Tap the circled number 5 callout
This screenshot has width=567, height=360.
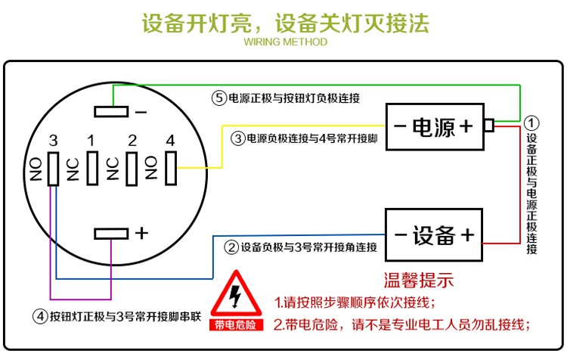219,98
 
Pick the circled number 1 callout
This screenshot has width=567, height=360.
533,123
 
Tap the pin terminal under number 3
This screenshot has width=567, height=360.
52,167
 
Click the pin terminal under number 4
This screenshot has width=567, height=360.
170,167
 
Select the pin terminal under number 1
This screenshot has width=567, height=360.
92,167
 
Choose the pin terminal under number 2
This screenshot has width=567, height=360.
131,167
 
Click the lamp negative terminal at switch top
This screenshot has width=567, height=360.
111,112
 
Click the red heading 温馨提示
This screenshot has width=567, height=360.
419,281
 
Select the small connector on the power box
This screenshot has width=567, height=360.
488,126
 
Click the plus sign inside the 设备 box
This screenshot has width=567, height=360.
467,234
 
